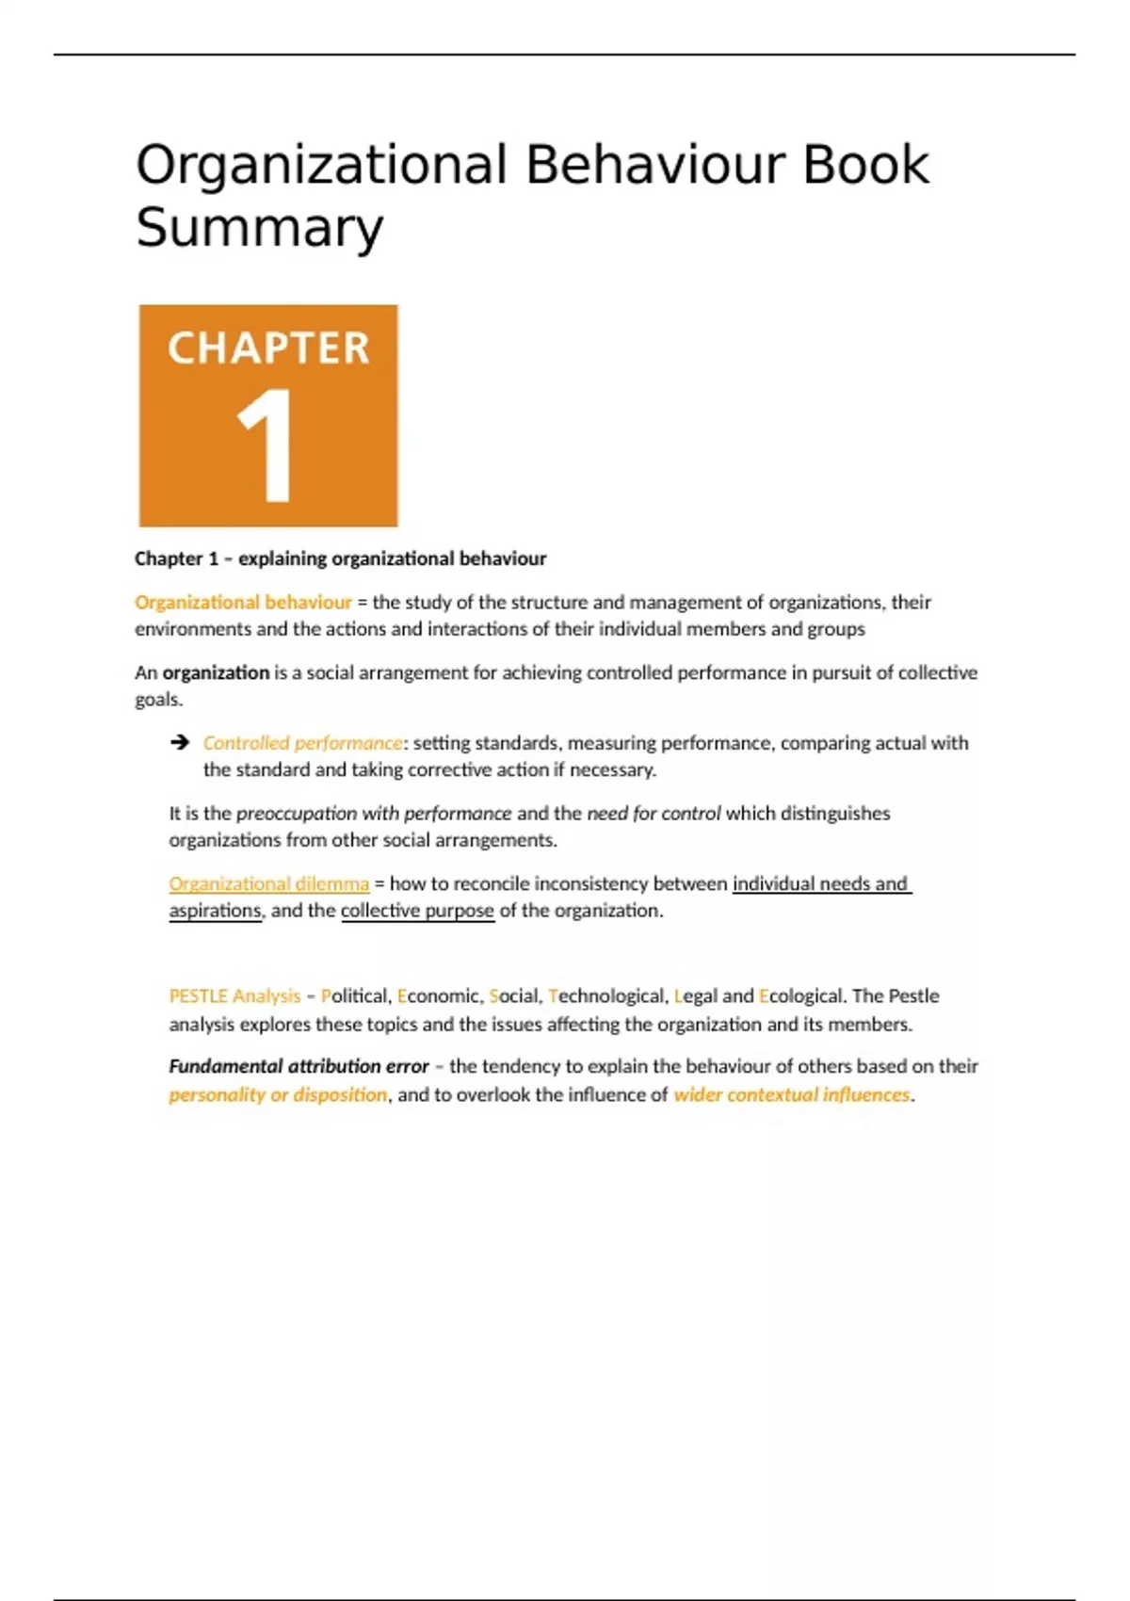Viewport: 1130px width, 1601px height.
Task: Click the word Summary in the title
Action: point(259,228)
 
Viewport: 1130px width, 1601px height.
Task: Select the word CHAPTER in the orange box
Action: point(268,348)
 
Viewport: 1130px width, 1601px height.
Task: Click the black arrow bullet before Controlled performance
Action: point(179,743)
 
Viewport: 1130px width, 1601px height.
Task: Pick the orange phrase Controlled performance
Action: point(302,743)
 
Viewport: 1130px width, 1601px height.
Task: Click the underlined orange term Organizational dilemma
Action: point(268,883)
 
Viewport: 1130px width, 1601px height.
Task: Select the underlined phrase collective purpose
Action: point(417,911)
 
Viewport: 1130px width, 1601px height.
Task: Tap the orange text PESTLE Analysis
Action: point(234,995)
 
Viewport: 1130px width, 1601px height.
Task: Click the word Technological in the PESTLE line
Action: point(606,995)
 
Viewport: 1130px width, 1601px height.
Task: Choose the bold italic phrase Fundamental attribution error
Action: point(299,1066)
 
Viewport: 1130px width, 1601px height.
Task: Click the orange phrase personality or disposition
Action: point(278,1094)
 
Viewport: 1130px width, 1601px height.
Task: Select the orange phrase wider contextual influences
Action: point(792,1094)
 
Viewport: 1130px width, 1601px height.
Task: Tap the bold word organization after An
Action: point(216,672)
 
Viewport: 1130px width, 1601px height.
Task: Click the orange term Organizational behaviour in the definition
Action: point(243,602)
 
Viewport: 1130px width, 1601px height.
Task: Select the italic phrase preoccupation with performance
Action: point(373,813)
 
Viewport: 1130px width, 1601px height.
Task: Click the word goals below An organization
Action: point(157,700)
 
